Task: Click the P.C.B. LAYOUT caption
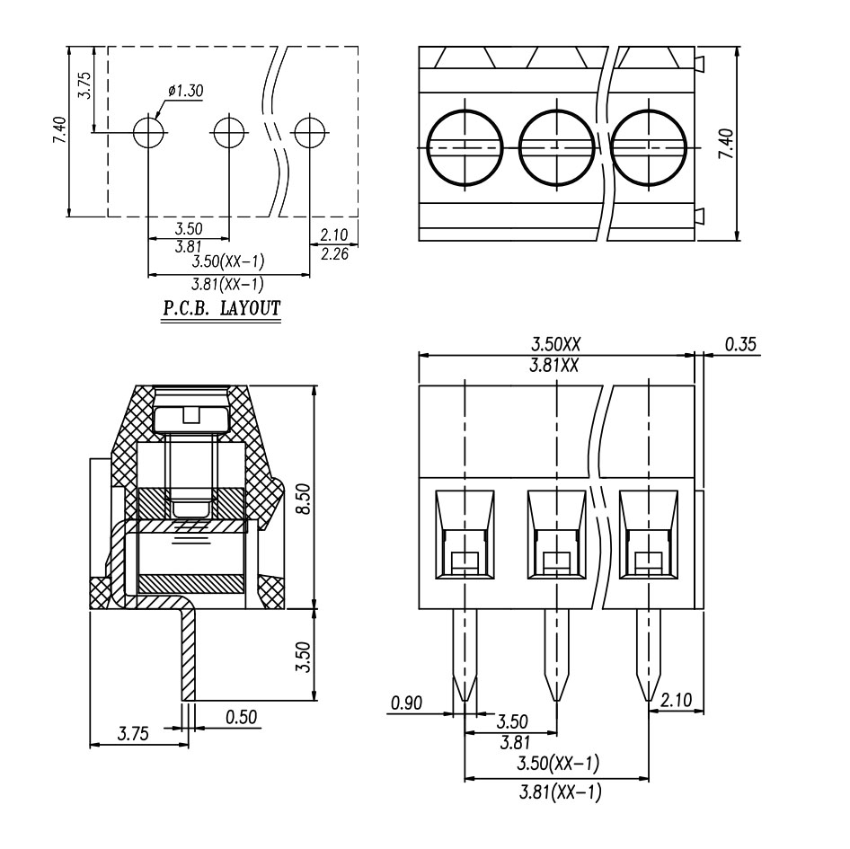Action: point(221,309)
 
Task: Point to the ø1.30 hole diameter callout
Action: point(185,90)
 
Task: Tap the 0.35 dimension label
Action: point(741,344)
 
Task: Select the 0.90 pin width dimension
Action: point(407,703)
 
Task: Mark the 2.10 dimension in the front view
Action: point(675,699)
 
